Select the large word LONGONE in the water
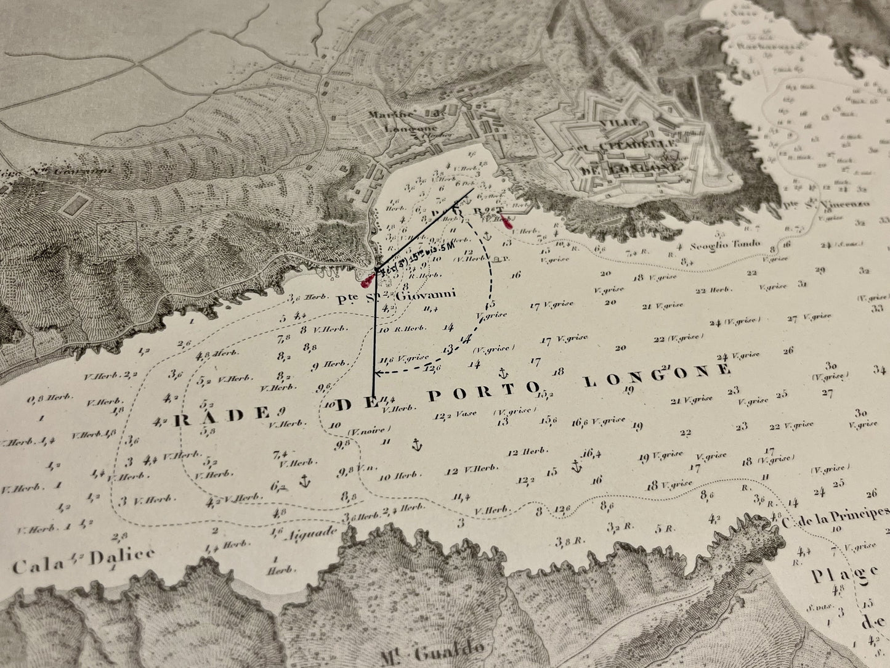657,375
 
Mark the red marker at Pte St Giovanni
368,279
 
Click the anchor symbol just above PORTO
503,373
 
